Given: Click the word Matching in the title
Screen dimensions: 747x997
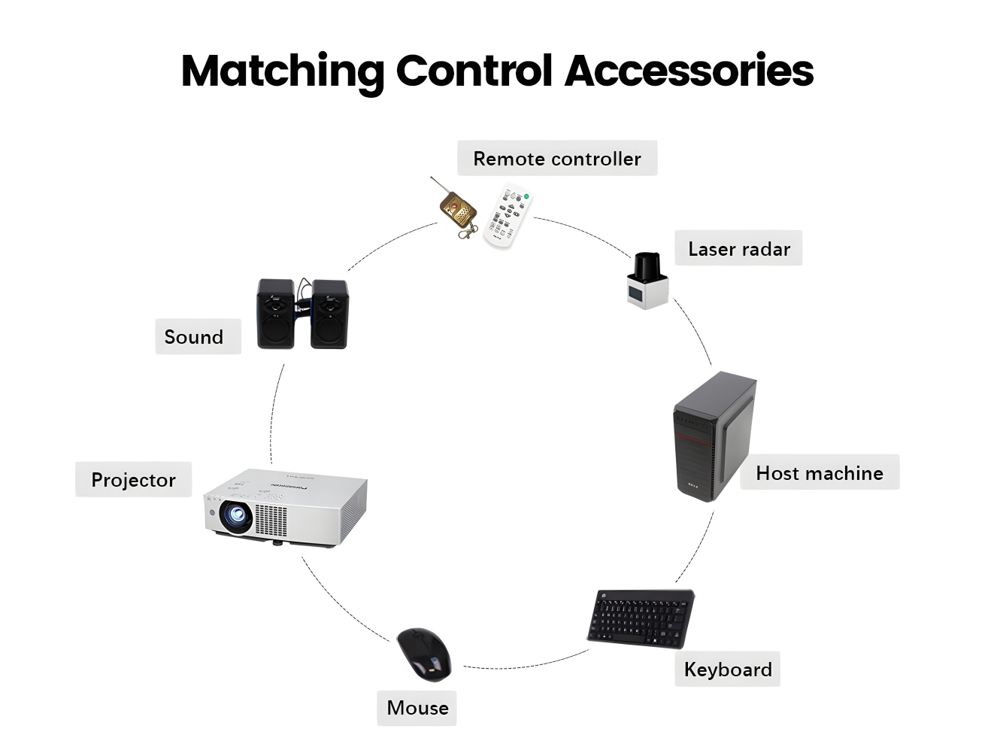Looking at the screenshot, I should coord(282,71).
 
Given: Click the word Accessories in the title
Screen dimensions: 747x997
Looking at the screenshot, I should coord(689,71).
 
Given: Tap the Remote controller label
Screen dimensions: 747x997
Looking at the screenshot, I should coord(557,159).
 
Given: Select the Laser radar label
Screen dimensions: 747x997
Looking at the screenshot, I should coord(738,249).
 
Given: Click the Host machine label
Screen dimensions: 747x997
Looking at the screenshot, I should coord(819,473).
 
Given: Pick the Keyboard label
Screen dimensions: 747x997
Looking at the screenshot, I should coord(728,670).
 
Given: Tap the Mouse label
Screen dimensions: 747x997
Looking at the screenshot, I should coord(417,708).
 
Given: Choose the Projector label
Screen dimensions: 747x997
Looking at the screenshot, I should coord(133,480).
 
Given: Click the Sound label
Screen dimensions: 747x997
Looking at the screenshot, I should coord(194,337).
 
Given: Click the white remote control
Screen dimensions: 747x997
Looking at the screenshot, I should coord(508,217).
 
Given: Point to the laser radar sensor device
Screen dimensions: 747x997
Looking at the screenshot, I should coord(647,281).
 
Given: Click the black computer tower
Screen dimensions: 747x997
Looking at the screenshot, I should coord(714,436).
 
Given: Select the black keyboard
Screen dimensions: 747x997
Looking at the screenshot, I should coord(641,618).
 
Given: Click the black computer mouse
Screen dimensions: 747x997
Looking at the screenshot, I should coord(424,654).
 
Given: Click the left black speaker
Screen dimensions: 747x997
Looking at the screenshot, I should coord(275,314).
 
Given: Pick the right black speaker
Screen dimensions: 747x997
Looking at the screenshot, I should coord(329,314).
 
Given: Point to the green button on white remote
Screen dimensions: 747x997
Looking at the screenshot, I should coord(526,197).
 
